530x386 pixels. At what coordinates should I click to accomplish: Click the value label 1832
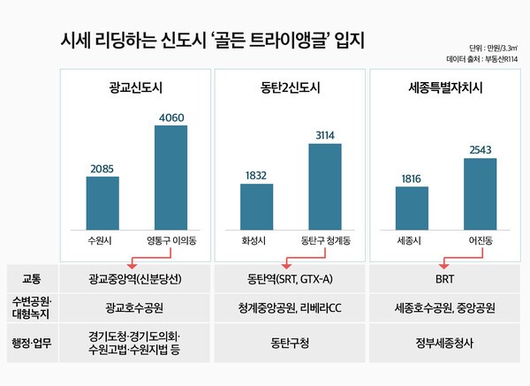pyautogui.click(x=256, y=175)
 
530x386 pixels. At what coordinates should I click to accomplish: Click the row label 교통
pyautogui.click(x=33, y=277)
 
